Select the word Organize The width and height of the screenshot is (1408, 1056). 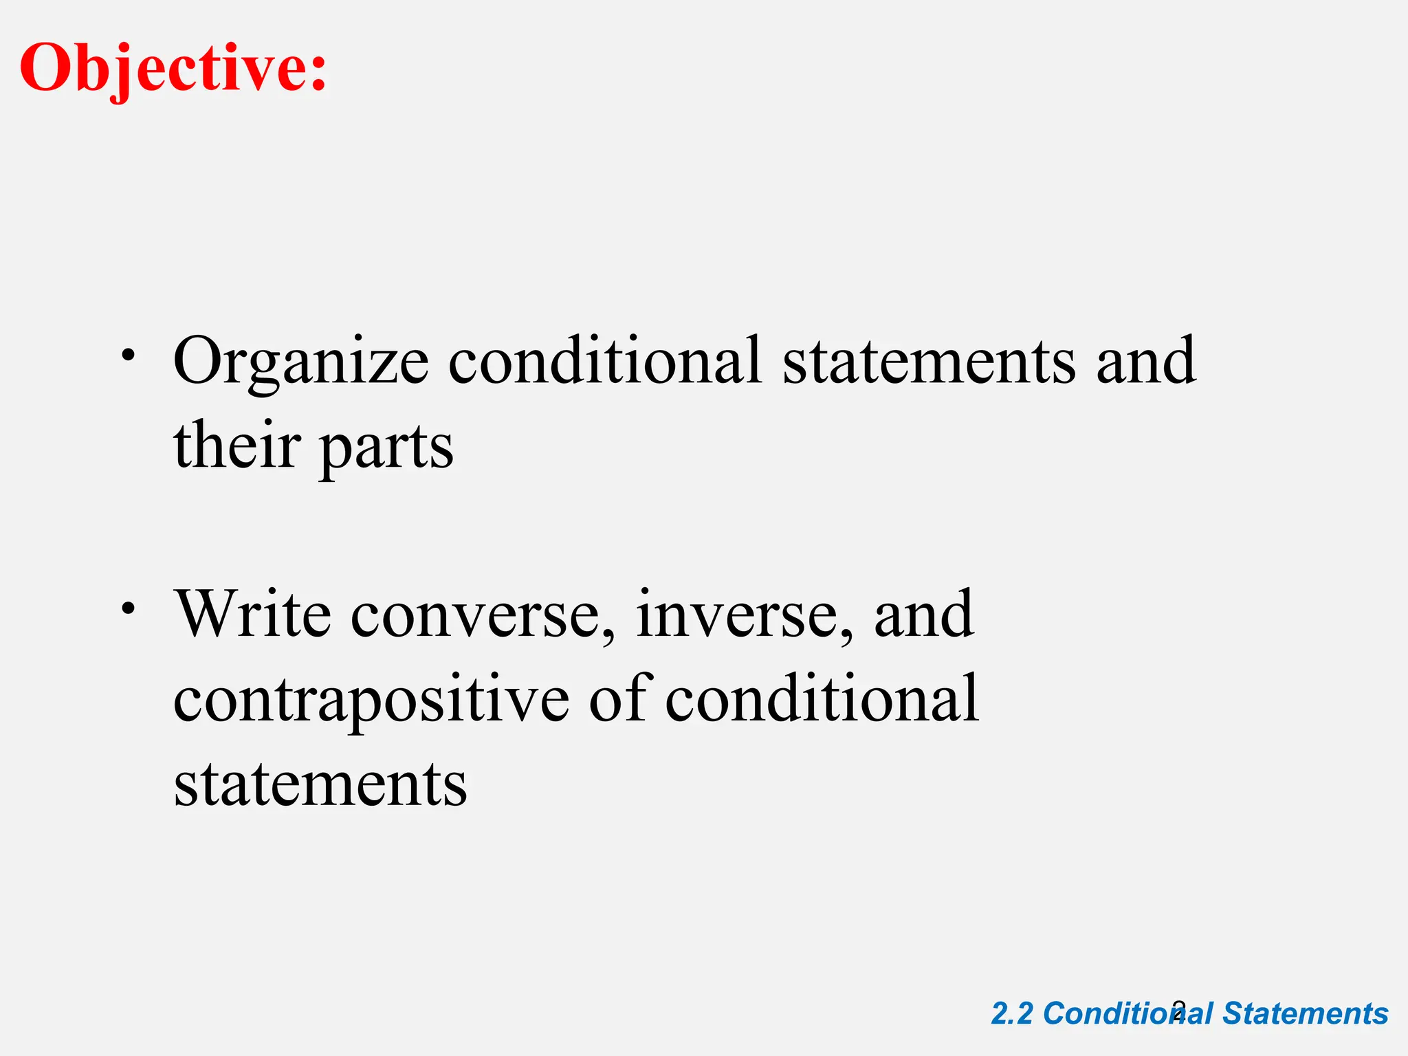301,362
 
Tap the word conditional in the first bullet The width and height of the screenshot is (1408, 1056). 605,360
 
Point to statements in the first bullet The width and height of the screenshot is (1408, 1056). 929,362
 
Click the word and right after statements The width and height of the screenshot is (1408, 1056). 1145,360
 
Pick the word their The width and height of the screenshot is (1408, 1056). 237,445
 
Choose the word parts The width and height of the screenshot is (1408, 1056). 386,447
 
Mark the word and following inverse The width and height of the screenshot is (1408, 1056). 923,613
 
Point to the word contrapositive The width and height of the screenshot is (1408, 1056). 371,700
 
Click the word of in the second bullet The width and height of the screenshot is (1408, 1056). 617,698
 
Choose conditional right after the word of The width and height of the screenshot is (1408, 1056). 822,698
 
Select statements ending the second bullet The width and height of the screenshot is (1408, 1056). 320,784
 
